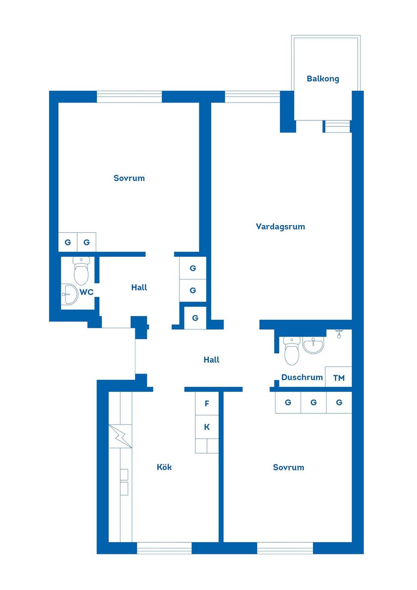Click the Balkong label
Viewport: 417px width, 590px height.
coord(323,79)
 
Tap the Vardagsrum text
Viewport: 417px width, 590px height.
coord(280,226)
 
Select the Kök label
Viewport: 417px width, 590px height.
coord(164,467)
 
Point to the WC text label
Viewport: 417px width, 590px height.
coord(86,292)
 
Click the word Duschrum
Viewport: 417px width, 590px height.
coord(302,377)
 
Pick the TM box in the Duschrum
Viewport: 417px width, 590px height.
coord(339,378)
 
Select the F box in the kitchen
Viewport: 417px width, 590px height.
coord(207,404)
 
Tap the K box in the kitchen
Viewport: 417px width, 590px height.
coord(207,427)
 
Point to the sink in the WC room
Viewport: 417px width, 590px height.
coord(69,295)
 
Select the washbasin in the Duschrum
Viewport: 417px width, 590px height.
coord(313,345)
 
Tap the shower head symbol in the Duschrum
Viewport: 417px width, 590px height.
coord(339,334)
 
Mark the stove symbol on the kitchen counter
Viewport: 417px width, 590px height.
coord(120,436)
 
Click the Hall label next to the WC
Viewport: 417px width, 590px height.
coord(139,287)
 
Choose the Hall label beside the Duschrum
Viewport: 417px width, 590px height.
coord(212,360)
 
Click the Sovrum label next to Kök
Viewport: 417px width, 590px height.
coord(288,467)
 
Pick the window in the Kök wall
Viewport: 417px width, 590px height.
coord(164,548)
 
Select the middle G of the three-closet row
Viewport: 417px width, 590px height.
coord(313,403)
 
